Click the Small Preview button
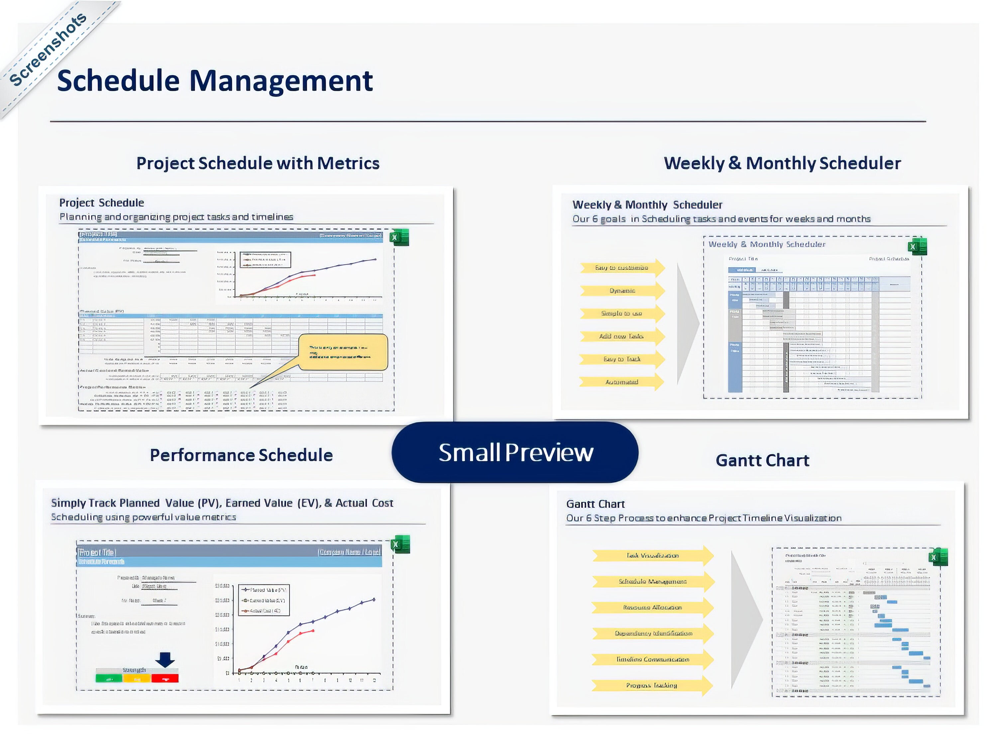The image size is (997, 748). [515, 452]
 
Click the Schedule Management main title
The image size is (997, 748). [215, 81]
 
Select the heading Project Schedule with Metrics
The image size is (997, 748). [258, 163]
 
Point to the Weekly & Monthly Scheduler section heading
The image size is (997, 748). [782, 163]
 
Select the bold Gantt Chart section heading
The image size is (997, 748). [762, 460]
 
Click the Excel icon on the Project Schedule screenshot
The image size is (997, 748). [399, 238]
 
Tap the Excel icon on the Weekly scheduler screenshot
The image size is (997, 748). [917, 246]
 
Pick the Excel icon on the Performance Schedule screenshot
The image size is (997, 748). [400, 544]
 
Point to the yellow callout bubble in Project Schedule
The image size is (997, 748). [343, 352]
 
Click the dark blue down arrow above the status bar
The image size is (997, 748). [165, 660]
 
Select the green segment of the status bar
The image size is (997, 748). [109, 678]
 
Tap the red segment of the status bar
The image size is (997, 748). [165, 678]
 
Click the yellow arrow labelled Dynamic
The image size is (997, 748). [622, 291]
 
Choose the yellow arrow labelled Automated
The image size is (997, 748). [621, 382]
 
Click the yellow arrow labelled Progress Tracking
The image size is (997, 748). [652, 685]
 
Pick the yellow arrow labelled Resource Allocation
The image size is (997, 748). [652, 607]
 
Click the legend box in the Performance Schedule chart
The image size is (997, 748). [264, 600]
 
